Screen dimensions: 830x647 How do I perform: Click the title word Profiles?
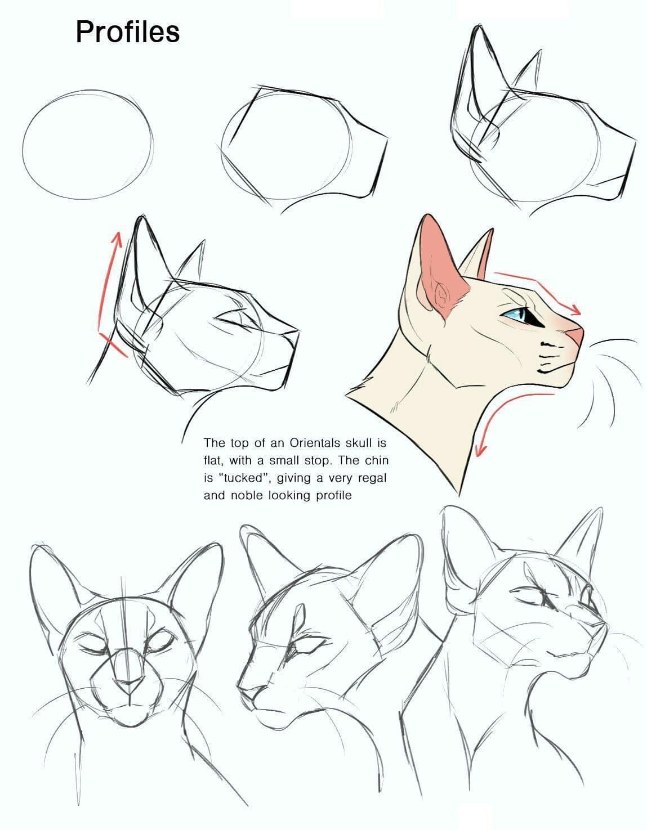coord(127,32)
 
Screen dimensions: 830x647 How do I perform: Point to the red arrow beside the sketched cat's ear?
coord(108,293)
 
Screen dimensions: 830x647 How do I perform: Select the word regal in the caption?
coord(371,478)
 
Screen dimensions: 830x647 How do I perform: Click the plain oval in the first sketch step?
coord(88,143)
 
